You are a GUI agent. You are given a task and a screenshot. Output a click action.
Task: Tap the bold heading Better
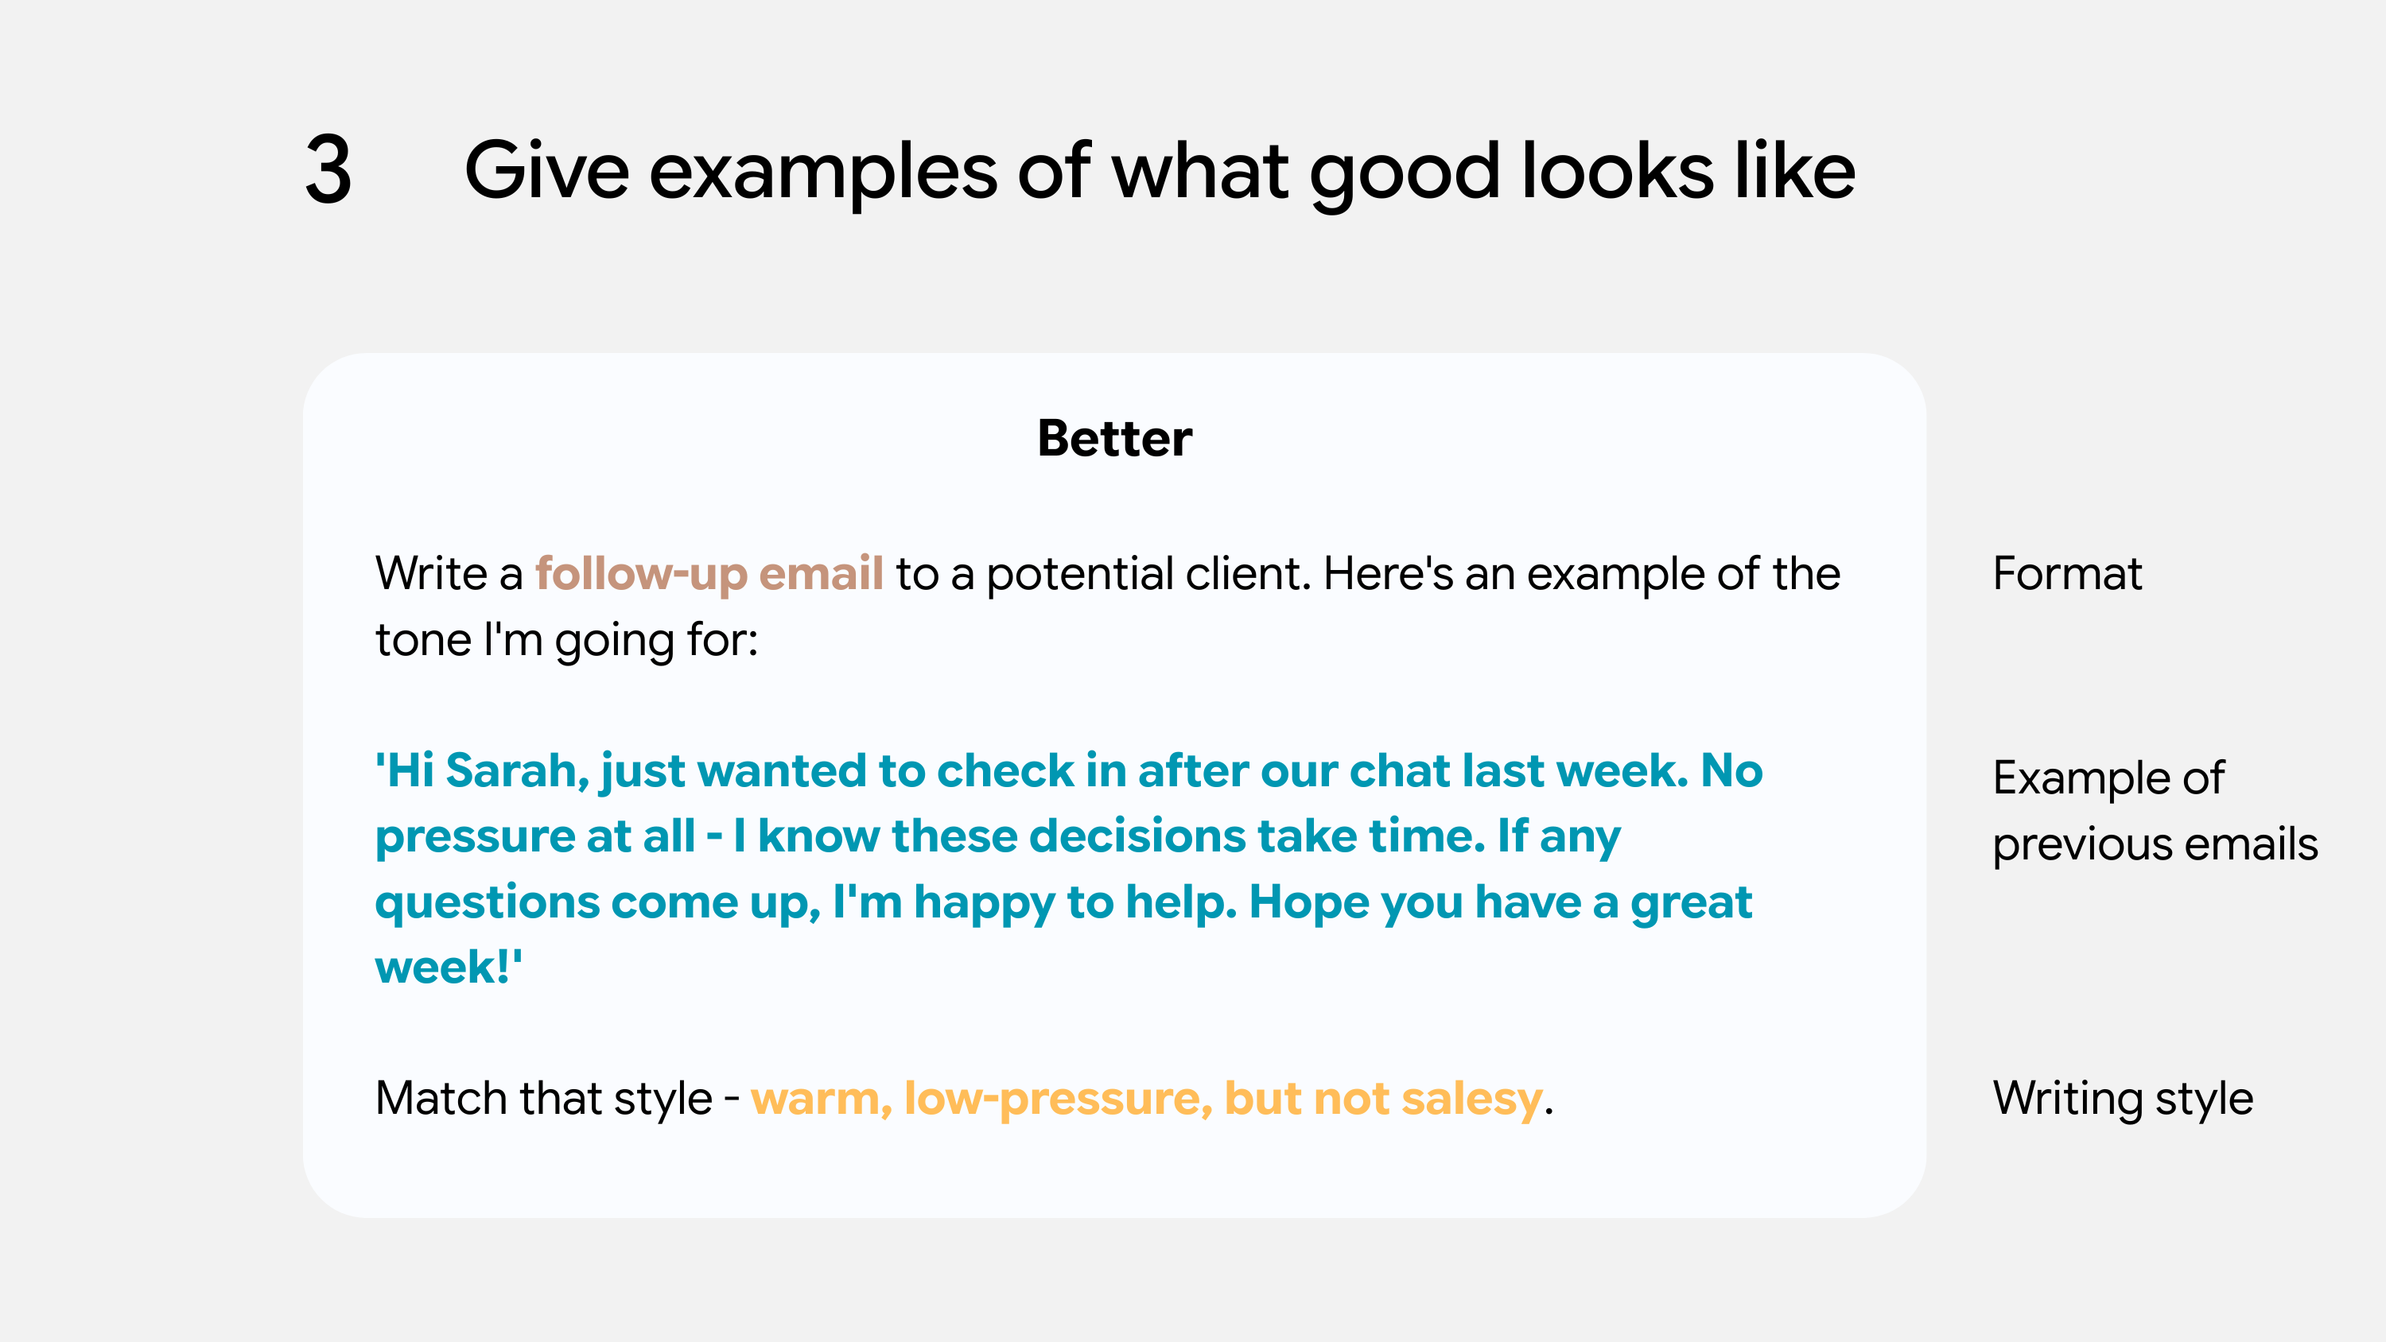pyautogui.click(x=1114, y=438)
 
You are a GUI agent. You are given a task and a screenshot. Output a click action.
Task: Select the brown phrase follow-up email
pyautogui.click(x=709, y=573)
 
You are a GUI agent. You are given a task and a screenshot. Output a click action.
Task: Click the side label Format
pyautogui.click(x=2066, y=573)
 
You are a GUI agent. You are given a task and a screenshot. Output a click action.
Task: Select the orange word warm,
pyautogui.click(x=821, y=1099)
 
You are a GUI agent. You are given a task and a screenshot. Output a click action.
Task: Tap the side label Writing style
pyautogui.click(x=2122, y=1099)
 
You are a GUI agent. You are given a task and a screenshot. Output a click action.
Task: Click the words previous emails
pyautogui.click(x=2155, y=844)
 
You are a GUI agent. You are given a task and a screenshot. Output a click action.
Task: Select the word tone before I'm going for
pyautogui.click(x=422, y=640)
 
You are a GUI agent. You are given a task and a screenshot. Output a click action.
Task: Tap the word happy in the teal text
pyautogui.click(x=984, y=902)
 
